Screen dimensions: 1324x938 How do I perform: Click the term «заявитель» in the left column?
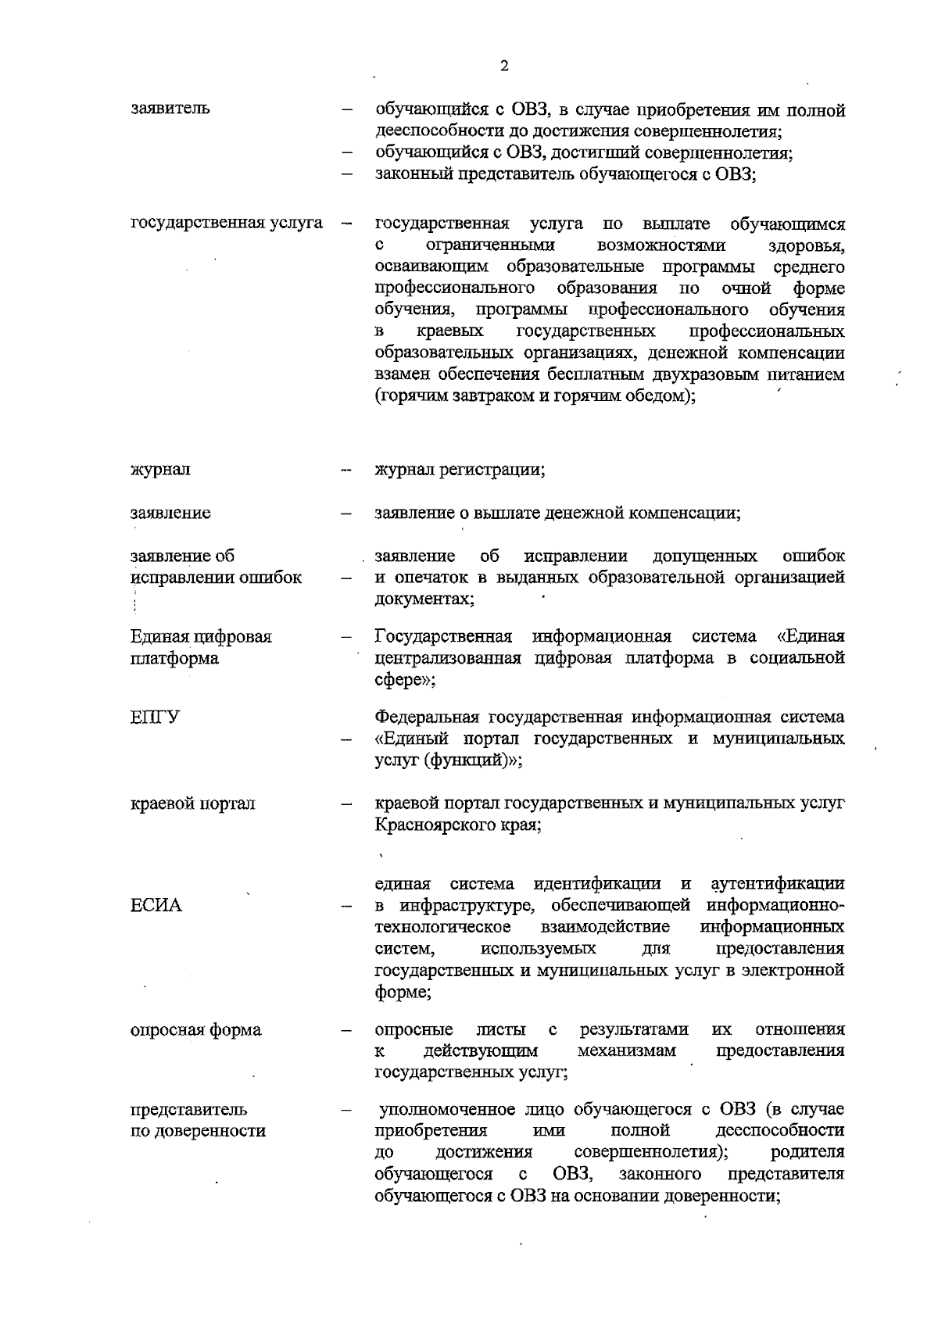point(170,109)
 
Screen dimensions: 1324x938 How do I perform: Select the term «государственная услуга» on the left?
point(227,224)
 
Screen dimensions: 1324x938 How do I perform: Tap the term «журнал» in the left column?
point(160,470)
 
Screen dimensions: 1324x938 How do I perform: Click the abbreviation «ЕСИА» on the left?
point(156,906)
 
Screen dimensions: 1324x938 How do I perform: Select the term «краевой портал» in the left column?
point(193,803)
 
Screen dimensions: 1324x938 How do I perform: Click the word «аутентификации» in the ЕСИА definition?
point(777,884)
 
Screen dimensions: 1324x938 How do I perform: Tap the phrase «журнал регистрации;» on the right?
point(460,470)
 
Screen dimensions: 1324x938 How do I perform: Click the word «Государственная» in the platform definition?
point(443,636)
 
